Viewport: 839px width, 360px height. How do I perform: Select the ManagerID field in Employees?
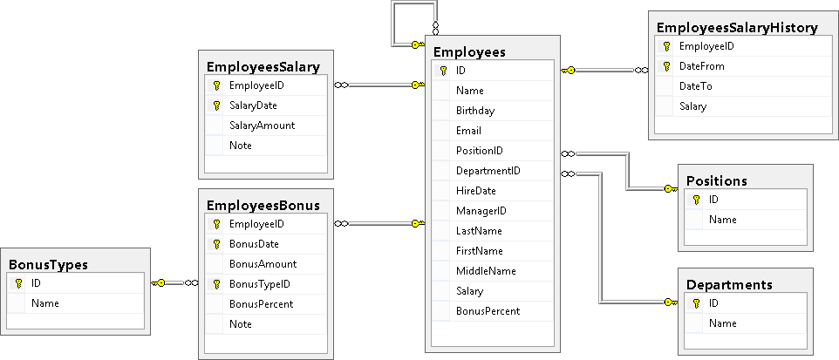[481, 211]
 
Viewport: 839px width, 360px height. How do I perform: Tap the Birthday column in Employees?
[474, 111]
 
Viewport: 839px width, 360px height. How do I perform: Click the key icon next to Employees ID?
[443, 71]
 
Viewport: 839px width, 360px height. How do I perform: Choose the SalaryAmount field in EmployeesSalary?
[262, 126]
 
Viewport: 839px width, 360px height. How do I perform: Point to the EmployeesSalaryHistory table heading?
[736, 28]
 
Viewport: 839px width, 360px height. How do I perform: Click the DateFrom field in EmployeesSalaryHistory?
[701, 66]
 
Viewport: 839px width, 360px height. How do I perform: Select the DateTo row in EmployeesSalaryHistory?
[694, 86]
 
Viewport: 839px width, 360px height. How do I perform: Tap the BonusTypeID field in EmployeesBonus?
[259, 284]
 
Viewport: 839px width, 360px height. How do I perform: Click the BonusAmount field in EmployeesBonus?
[263, 264]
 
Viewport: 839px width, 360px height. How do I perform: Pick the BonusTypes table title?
[48, 264]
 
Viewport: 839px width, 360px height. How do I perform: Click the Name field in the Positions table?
[722, 220]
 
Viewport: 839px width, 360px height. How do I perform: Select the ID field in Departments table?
[714, 303]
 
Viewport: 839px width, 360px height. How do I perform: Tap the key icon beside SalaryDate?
[215, 105]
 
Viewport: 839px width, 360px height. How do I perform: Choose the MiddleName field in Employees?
[486, 271]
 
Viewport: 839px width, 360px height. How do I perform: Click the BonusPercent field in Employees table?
[488, 311]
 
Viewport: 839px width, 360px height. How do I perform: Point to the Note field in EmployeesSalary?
[241, 146]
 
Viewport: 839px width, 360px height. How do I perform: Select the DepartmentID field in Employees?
[488, 171]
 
